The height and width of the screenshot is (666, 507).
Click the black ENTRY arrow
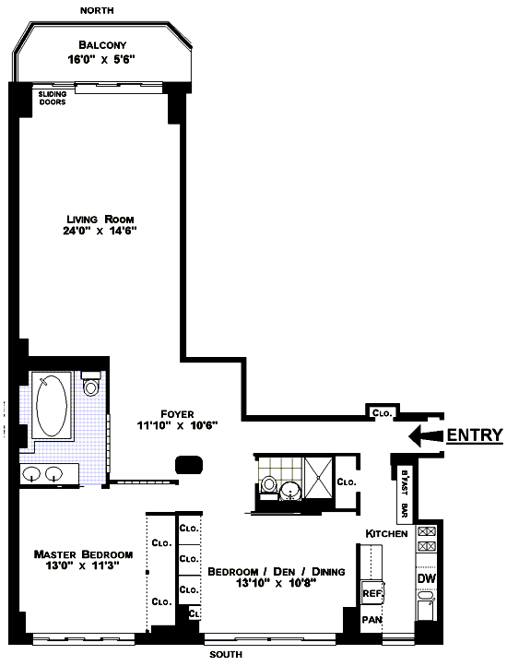click(x=426, y=435)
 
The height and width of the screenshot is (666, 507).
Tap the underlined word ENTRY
click(x=475, y=435)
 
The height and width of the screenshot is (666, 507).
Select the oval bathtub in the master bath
click(x=52, y=405)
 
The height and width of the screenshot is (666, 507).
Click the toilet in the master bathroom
click(x=91, y=383)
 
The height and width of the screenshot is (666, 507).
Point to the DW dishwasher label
click(x=426, y=578)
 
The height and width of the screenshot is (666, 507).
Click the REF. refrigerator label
click(x=372, y=593)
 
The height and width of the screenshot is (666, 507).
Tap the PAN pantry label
click(x=371, y=620)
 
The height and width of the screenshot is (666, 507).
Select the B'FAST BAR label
click(x=405, y=494)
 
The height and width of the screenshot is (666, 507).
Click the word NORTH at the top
click(x=97, y=10)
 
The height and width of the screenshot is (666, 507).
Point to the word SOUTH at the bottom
click(x=226, y=655)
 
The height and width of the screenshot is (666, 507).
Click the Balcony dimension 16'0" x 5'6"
click(x=101, y=59)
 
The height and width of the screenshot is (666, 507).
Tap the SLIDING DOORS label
click(x=53, y=98)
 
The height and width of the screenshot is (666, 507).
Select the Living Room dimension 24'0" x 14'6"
click(x=100, y=231)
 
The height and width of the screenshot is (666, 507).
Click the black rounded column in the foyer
click(x=189, y=464)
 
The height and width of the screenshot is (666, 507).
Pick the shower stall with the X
click(x=319, y=477)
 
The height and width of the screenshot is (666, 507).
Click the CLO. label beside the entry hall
click(x=383, y=413)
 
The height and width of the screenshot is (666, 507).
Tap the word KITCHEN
click(x=386, y=533)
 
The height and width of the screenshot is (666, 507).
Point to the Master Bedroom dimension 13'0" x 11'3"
click(x=82, y=565)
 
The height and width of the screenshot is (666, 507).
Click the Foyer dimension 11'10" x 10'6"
click(x=178, y=425)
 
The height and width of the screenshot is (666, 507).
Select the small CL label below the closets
click(x=195, y=613)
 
